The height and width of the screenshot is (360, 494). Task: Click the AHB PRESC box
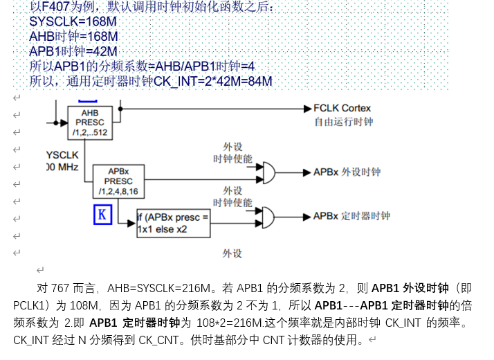point(90,122)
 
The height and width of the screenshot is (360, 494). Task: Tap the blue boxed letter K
point(102,214)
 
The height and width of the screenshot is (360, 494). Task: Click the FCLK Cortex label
point(342,109)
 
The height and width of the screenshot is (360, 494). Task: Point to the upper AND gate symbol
point(265,172)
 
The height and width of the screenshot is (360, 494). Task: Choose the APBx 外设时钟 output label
point(347,172)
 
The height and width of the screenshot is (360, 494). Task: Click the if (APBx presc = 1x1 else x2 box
point(172,224)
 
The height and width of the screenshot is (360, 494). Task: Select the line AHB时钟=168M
point(73,37)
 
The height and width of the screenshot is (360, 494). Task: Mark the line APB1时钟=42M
point(73,51)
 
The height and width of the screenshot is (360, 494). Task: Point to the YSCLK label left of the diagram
point(63,154)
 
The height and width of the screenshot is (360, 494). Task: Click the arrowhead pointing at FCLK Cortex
point(307,109)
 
